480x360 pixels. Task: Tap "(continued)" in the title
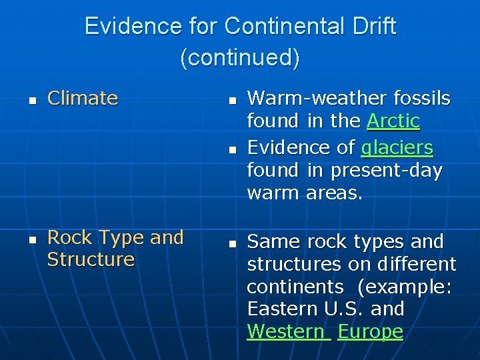[240, 57]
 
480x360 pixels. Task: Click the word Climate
[83, 99]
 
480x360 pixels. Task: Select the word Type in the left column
[123, 237]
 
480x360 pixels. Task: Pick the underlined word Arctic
[393, 121]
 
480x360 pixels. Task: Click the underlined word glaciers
[397, 147]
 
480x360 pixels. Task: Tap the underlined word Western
[288, 331]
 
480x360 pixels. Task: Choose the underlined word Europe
[371, 331]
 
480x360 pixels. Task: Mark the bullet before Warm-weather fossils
[231, 100]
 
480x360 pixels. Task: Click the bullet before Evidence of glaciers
[231, 149]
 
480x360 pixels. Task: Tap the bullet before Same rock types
[231, 243]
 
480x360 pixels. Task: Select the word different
[417, 264]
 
